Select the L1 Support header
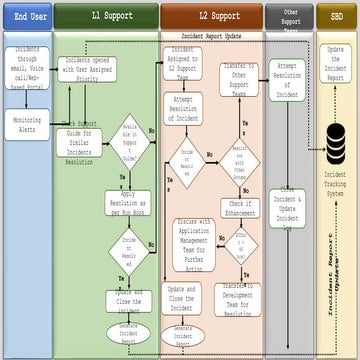105,17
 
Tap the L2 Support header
211,17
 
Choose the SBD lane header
336,17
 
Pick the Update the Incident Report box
336,62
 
